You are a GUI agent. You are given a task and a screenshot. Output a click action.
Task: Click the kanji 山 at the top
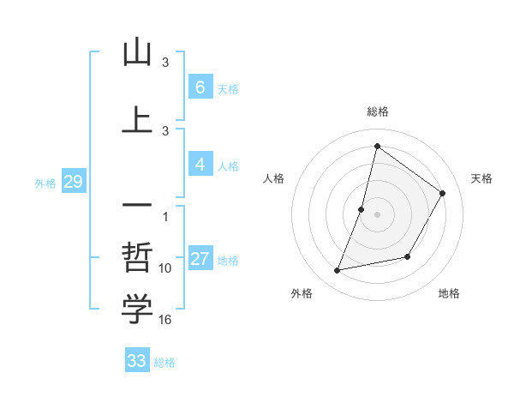tap(137, 54)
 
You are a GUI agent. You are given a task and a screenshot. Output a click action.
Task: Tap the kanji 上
tap(137, 121)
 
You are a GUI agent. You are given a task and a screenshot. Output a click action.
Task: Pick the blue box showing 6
tap(200, 87)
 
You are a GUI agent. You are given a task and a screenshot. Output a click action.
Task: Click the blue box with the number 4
tap(200, 165)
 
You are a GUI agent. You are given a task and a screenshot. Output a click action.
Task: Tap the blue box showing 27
tap(200, 260)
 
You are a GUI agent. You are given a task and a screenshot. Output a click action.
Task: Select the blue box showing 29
tap(73, 182)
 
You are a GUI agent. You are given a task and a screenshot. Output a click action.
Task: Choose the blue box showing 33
tap(137, 361)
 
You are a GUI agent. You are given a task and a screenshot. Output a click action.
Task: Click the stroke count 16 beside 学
tap(165, 320)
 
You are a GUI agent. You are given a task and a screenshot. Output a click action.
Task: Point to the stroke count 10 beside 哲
tap(165, 268)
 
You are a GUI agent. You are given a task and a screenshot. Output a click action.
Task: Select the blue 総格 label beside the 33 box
tap(164, 363)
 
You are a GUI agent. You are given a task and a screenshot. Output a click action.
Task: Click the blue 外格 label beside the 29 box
tap(45, 183)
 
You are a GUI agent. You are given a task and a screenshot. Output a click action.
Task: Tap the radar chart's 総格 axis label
tap(377, 111)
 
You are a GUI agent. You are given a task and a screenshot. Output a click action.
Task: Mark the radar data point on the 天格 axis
tap(443, 193)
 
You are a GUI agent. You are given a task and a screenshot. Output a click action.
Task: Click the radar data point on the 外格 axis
tap(338, 270)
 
